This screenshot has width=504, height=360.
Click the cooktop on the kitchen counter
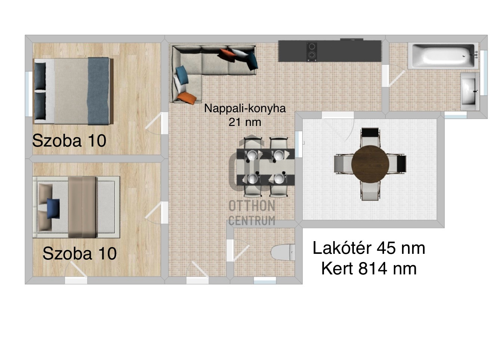(x=312, y=51)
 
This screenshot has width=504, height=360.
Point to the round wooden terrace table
(x=370, y=164)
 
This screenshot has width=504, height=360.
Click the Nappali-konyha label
(x=245, y=108)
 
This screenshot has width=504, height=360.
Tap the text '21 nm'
(x=245, y=122)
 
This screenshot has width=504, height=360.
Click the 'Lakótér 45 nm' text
(x=369, y=248)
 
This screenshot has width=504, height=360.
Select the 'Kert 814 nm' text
(x=369, y=268)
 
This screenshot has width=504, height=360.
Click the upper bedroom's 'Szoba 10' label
(x=69, y=141)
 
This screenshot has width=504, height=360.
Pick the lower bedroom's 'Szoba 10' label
(x=80, y=253)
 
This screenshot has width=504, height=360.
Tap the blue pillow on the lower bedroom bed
(x=53, y=208)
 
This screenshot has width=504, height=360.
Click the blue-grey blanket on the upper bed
(x=99, y=91)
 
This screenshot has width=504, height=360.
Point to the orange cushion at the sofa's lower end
(x=187, y=98)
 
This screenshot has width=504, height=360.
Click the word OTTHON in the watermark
(x=252, y=206)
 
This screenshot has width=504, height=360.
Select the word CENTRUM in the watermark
(x=252, y=221)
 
